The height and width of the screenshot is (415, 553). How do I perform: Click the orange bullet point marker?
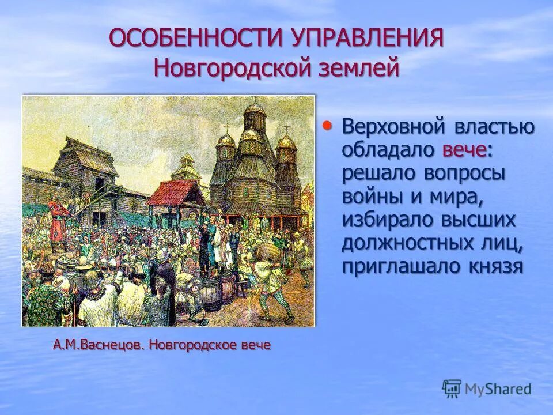327,124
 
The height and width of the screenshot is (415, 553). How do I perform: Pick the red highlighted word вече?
464,149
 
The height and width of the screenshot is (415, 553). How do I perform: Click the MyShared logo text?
498,389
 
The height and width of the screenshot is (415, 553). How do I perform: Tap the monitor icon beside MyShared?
452,388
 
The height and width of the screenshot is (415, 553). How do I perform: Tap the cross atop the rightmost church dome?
286,129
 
